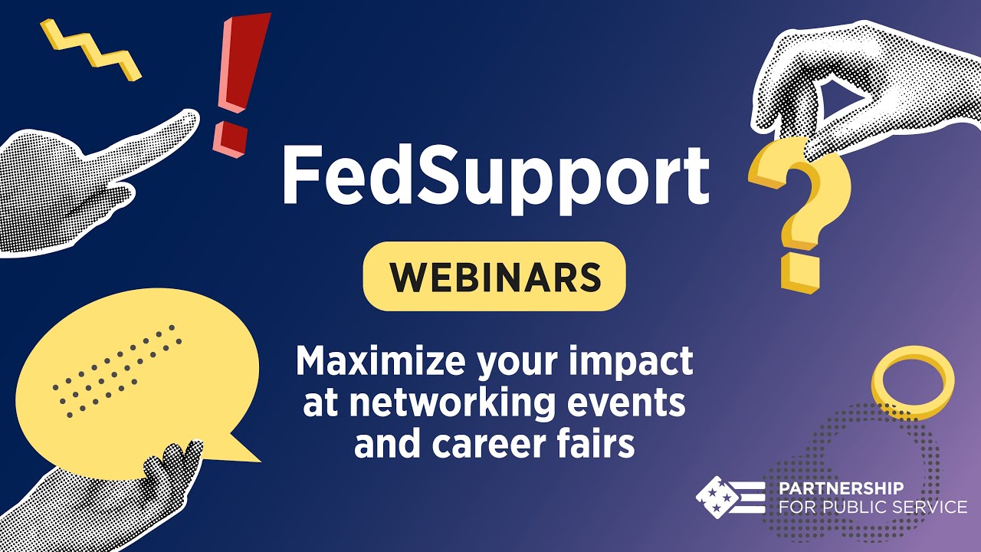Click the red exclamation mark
243,65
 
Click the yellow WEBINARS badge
494,277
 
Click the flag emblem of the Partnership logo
729,497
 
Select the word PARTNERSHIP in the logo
841,488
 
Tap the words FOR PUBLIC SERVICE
872,507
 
